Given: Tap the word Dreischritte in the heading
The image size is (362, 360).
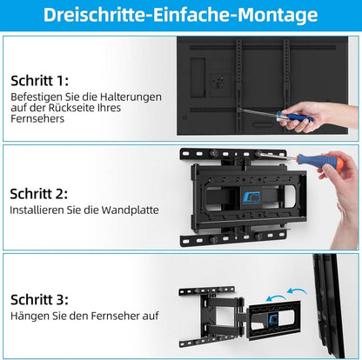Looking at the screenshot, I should [x=88, y=15].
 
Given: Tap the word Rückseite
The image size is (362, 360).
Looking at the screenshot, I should [x=71, y=109].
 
